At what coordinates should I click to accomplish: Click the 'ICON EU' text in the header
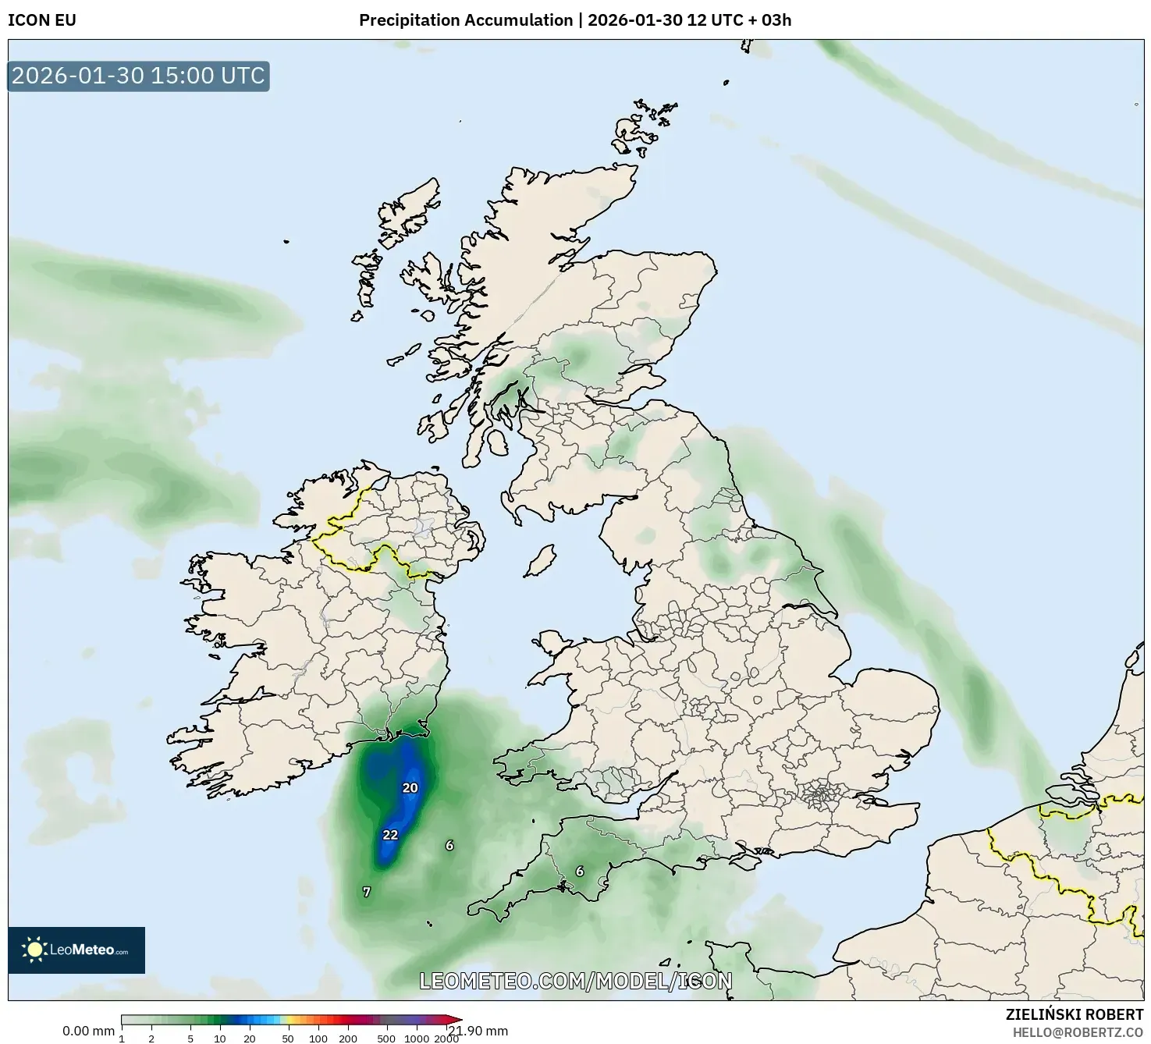(42, 20)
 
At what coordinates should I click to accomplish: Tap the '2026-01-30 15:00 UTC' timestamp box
(138, 76)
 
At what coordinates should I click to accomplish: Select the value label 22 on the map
(390, 835)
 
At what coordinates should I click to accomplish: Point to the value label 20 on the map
(410, 788)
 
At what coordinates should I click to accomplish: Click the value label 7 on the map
(367, 892)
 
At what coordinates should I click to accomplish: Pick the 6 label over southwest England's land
(579, 872)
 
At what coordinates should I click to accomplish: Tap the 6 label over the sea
(449, 846)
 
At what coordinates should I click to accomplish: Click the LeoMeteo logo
(76, 950)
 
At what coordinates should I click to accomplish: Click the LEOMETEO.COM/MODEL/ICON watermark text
(576, 982)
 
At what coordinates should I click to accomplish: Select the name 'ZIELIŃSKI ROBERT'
(1074, 1014)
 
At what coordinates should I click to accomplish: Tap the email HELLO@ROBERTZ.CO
(1078, 1032)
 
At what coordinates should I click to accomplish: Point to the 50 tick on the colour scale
(288, 1038)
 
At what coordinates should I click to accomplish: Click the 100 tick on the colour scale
(318, 1038)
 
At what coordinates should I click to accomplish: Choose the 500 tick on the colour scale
(385, 1038)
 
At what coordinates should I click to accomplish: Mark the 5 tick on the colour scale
(190, 1038)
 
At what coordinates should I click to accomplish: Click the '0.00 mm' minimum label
(88, 1031)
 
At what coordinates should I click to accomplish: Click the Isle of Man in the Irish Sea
(540, 560)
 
